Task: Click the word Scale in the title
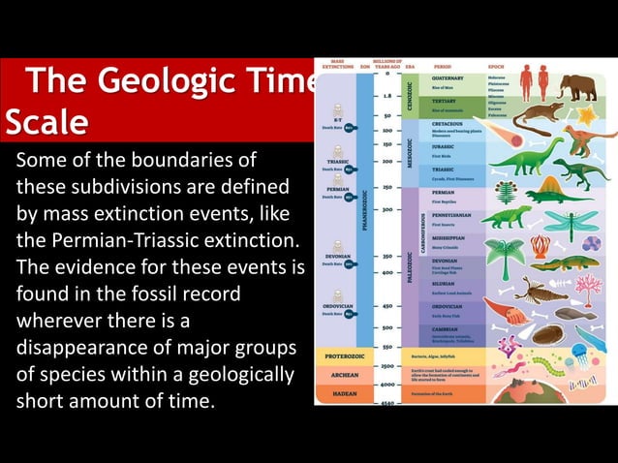coord(46,122)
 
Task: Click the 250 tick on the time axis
coord(386,187)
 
